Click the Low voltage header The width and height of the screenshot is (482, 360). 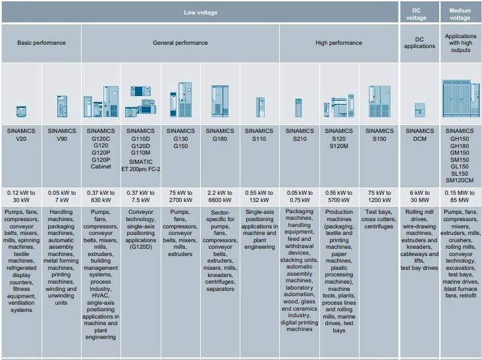(x=200, y=12)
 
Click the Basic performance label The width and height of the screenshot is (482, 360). (x=41, y=43)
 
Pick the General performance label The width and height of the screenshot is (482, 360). (x=180, y=43)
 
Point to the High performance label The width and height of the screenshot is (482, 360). (x=338, y=43)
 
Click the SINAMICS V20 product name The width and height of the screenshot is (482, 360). (x=22, y=136)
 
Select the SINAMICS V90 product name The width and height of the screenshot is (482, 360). (x=62, y=136)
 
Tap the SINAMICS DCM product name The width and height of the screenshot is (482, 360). (x=419, y=136)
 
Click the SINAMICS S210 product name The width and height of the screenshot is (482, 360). (x=300, y=136)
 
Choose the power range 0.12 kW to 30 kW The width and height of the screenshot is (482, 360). (x=22, y=196)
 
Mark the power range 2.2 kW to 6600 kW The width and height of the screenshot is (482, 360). (x=220, y=196)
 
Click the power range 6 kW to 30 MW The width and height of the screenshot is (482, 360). (x=419, y=196)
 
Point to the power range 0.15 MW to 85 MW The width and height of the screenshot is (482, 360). (x=460, y=196)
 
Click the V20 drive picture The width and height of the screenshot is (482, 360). (x=22, y=111)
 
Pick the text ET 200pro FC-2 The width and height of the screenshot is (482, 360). (x=141, y=169)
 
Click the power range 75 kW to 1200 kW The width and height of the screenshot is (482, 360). (x=379, y=196)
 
